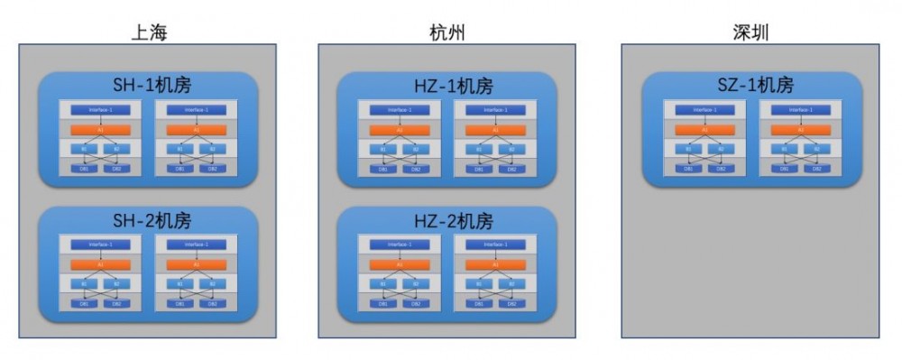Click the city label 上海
pos(149,33)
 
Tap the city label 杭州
pos(448,33)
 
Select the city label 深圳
pos(750,33)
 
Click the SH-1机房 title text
pos(149,86)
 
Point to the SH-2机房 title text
pos(149,221)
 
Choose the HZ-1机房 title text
pos(448,86)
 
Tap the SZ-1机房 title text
pos(750,86)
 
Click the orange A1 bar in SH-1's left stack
pos(100,130)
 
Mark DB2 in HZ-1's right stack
pos(511,169)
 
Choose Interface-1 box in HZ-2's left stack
pos(400,245)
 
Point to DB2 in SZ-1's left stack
pos(722,169)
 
